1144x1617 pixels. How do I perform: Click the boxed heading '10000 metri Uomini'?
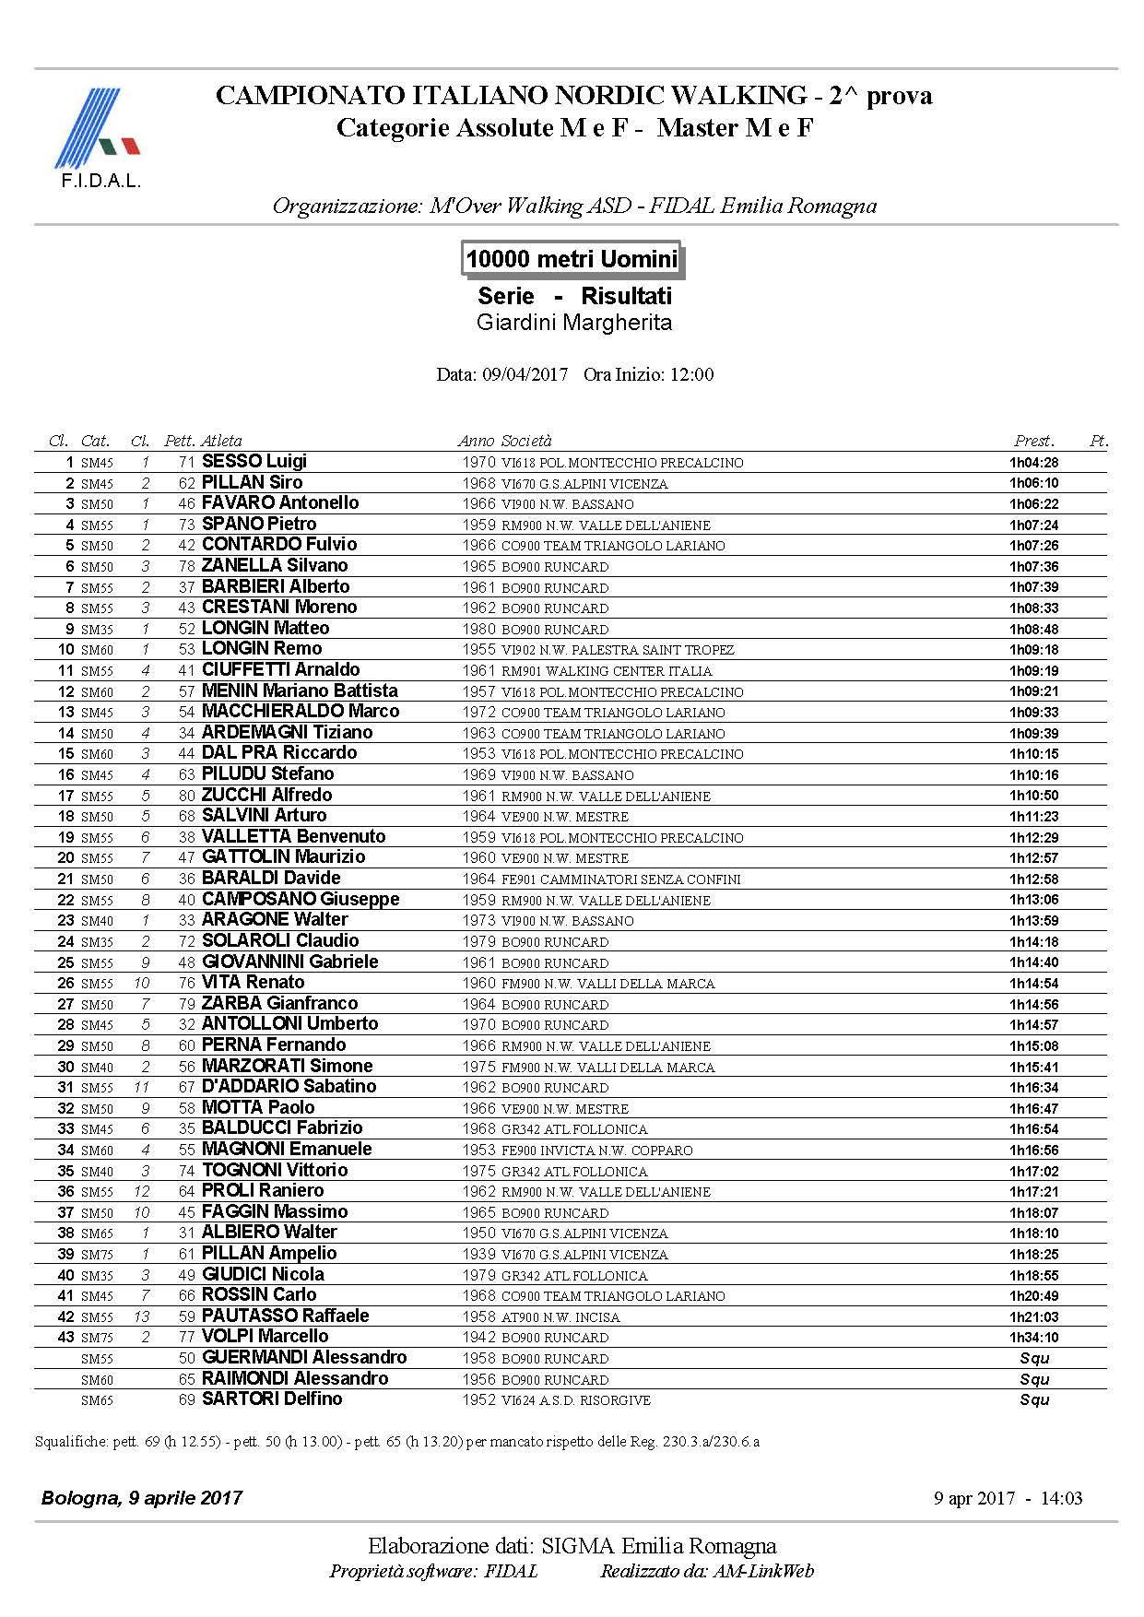point(572,259)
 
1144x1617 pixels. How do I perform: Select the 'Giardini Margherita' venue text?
point(573,323)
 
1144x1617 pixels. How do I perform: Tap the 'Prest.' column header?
point(1034,441)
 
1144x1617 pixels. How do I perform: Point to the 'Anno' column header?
point(477,441)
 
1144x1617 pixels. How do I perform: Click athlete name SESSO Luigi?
point(254,461)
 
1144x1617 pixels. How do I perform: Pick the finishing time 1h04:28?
point(1033,463)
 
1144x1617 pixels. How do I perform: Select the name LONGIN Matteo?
point(265,628)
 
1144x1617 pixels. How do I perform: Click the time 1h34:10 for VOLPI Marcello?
point(1033,1338)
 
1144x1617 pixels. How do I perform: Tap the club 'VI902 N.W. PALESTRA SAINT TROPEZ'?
point(618,650)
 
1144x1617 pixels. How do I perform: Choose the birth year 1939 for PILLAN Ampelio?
point(479,1254)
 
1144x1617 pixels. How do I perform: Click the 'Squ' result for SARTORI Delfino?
point(1034,1399)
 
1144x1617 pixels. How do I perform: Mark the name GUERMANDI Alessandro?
point(304,1357)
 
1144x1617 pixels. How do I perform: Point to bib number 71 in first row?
point(187,462)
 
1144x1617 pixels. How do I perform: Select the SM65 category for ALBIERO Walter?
point(97,1233)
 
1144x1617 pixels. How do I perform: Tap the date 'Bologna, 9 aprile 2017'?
point(142,1498)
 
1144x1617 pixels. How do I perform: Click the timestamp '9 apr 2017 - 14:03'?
point(1008,1498)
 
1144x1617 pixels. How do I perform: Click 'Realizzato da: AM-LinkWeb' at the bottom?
point(707,1572)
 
